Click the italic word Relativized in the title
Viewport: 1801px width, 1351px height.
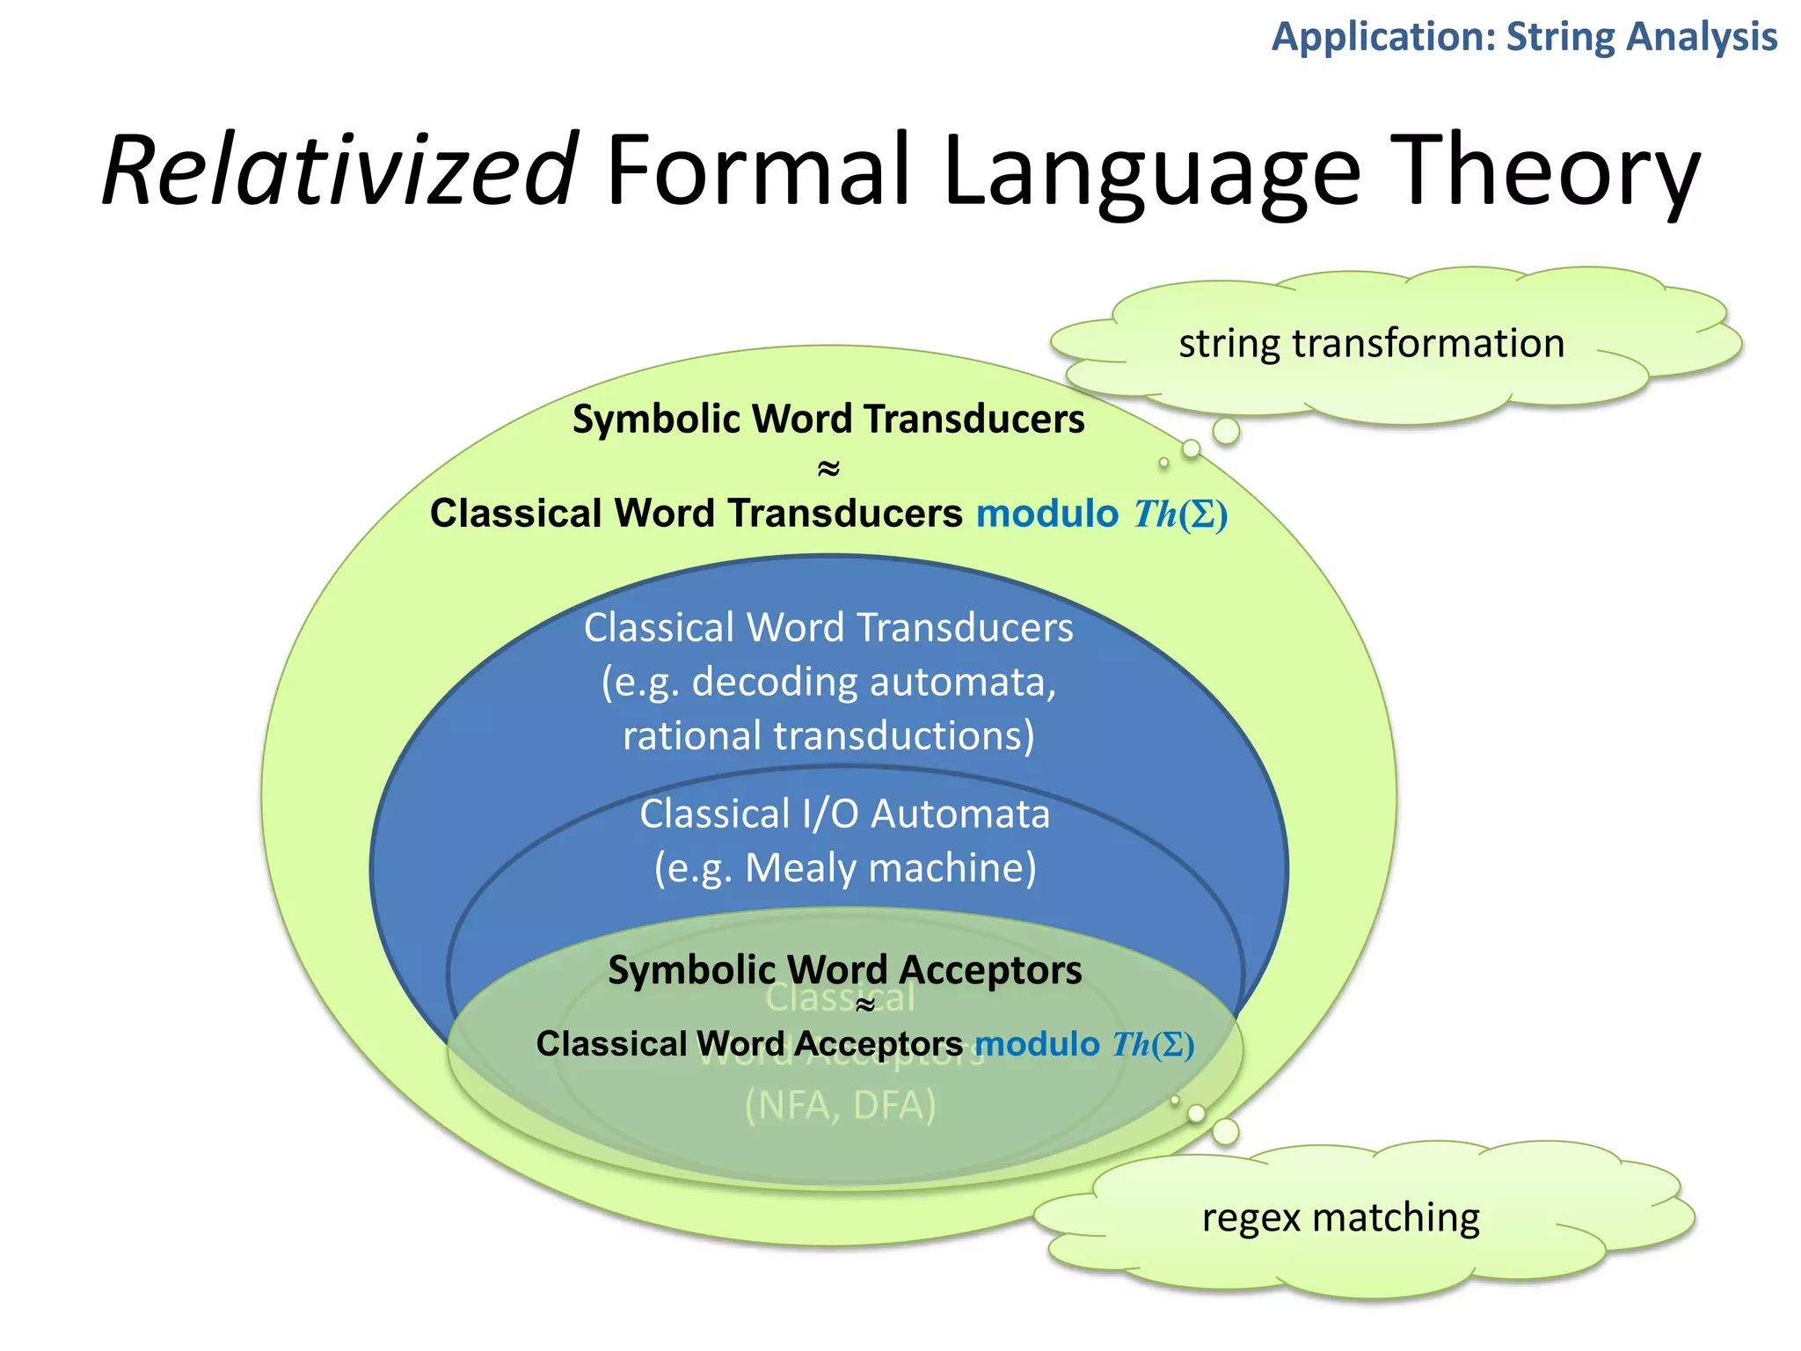pyautogui.click(x=339, y=171)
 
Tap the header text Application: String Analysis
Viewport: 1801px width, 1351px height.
pyautogui.click(x=1524, y=37)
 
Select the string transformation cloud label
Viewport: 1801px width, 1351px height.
pyautogui.click(x=1371, y=343)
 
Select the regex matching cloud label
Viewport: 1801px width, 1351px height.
pyautogui.click(x=1340, y=1218)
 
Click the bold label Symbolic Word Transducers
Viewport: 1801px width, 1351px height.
pyautogui.click(x=828, y=419)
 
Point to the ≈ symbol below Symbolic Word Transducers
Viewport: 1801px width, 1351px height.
pyautogui.click(x=828, y=468)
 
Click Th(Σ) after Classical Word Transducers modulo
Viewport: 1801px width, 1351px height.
pyautogui.click(x=1180, y=515)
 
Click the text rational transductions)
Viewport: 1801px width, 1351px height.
pyautogui.click(x=828, y=736)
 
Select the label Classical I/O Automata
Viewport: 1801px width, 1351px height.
pyautogui.click(x=844, y=814)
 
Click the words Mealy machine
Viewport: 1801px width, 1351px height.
pyautogui.click(x=891, y=868)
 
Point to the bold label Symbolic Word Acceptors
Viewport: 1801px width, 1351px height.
pyautogui.click(x=844, y=970)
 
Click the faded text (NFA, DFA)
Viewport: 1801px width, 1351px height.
pyautogui.click(x=840, y=1106)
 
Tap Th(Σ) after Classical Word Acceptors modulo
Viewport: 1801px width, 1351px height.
pyautogui.click(x=1153, y=1045)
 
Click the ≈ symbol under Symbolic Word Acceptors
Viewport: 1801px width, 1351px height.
pyautogui.click(x=865, y=1005)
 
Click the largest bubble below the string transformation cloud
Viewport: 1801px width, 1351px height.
pyautogui.click(x=1226, y=431)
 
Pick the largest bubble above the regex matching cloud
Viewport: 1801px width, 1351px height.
pyautogui.click(x=1225, y=1131)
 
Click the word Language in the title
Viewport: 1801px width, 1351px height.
pyautogui.click(x=1152, y=171)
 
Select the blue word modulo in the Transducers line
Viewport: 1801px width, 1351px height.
pyautogui.click(x=1046, y=514)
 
